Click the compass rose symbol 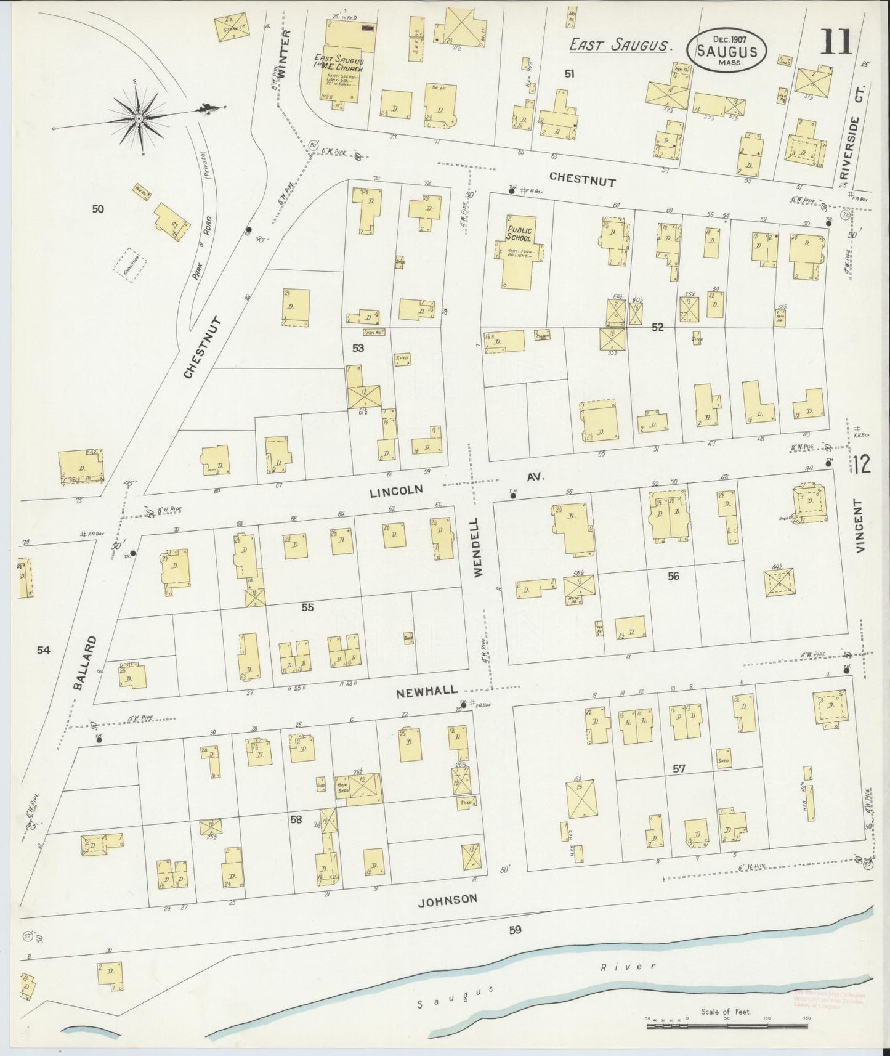point(139,118)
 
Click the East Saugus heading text point(619,44)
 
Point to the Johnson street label point(447,900)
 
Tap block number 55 point(307,607)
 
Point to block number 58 point(296,819)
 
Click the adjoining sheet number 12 point(862,465)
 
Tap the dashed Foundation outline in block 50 point(130,265)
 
